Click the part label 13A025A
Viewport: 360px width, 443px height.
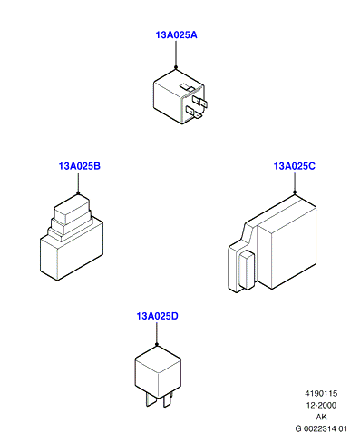(176, 35)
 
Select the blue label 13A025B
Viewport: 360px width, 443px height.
(80, 166)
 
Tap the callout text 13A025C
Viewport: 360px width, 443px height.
(295, 166)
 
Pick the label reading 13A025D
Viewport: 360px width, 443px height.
(158, 316)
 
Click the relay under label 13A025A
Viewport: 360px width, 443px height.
(180, 96)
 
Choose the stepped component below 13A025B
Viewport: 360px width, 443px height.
(72, 237)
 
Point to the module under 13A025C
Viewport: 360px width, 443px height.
(272, 243)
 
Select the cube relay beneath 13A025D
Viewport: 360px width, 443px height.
(158, 376)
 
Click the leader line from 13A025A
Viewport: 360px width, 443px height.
(176, 54)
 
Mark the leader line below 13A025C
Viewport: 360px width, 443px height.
(295, 182)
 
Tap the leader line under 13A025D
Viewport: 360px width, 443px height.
(157, 333)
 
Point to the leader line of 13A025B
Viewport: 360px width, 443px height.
(78, 182)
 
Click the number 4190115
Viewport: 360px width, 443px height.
(321, 393)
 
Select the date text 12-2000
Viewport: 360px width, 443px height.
(321, 405)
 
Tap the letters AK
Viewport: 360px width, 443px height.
(321, 417)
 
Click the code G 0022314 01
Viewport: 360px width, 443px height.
(321, 428)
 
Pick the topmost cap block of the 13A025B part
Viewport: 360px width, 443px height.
(72, 210)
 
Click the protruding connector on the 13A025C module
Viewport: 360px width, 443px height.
(247, 270)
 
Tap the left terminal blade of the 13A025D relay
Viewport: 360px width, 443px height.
(151, 399)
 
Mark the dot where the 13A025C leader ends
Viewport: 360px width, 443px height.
(295, 192)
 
